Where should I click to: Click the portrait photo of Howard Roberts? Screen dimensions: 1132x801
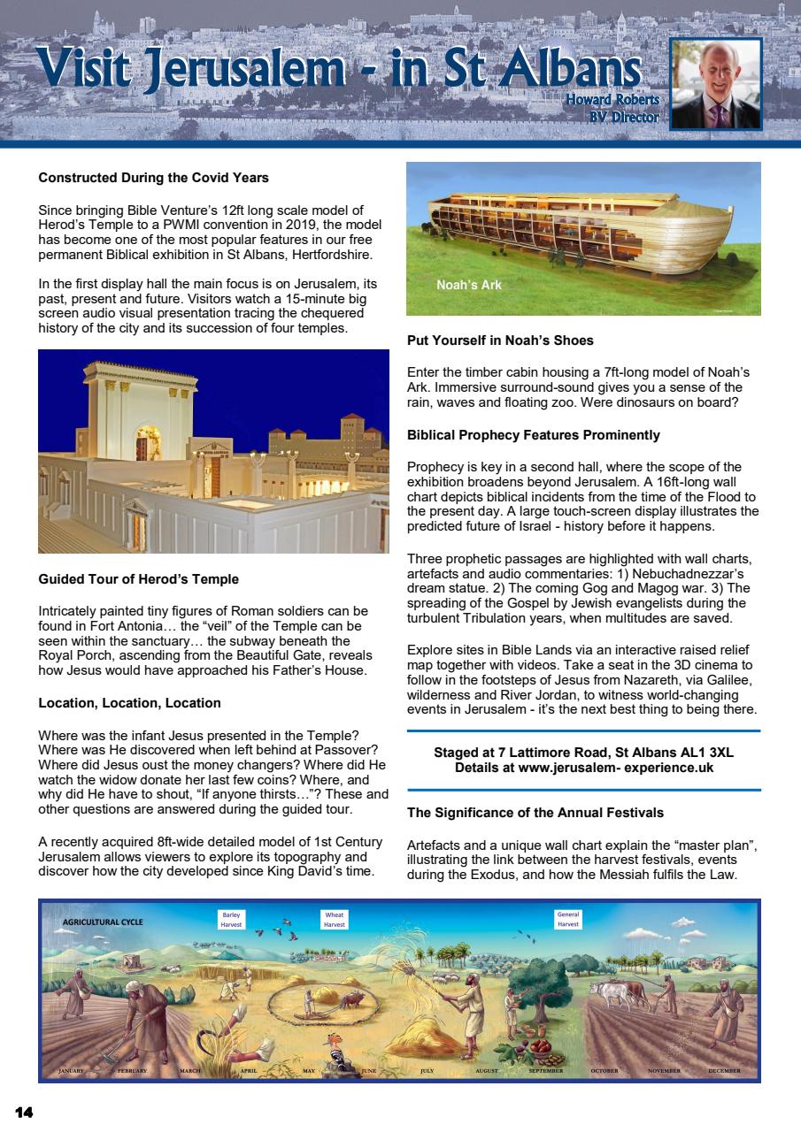coord(716,85)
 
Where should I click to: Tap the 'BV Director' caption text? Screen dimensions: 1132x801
coord(624,117)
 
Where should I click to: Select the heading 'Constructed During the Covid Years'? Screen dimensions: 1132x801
coord(153,178)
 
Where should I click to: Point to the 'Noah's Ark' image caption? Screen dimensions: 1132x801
coord(469,285)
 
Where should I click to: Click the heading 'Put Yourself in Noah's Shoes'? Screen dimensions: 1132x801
coord(500,340)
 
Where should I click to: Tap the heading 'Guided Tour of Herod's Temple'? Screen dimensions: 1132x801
coord(138,579)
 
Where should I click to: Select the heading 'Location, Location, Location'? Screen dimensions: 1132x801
coord(129,703)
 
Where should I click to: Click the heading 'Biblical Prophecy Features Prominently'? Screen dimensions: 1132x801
coord(534,435)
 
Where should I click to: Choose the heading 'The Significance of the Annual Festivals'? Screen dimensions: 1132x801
coord(535,812)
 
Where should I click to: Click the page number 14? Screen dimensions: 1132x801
coord(24,1112)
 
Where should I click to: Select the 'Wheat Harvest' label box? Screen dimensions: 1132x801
coord(335,919)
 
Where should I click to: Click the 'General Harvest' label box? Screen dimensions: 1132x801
coord(568,919)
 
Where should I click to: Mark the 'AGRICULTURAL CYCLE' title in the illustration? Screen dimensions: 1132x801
coord(103,922)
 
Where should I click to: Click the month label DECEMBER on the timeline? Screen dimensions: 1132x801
coord(724,1071)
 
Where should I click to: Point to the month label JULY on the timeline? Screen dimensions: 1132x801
coord(427,1071)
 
